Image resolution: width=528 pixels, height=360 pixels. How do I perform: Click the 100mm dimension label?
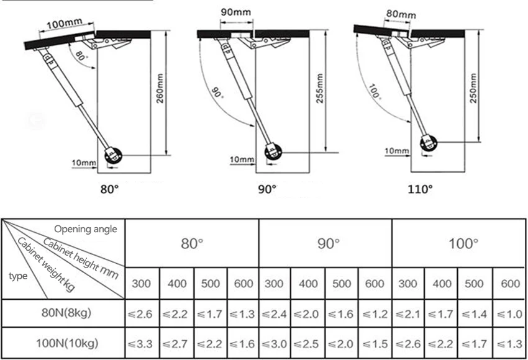tap(65, 24)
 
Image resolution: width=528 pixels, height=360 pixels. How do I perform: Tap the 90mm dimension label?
tap(235, 12)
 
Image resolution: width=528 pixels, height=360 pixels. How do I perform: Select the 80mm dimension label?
tap(401, 14)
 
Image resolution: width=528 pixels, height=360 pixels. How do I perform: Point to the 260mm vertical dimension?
tap(160, 88)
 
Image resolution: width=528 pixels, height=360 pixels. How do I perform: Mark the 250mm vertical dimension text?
tap(473, 88)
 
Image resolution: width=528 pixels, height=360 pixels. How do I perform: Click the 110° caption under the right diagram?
tap(420, 189)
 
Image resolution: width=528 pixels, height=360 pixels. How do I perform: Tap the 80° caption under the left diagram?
tap(109, 189)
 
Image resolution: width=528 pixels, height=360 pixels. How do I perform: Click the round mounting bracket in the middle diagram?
tap(273, 152)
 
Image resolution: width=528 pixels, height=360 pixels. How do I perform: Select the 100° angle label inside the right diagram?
tap(375, 92)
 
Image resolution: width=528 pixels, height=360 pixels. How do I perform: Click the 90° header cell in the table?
tap(328, 243)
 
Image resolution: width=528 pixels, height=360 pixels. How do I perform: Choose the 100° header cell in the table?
tap(463, 243)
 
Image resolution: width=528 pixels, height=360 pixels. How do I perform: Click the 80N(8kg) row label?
tap(66, 313)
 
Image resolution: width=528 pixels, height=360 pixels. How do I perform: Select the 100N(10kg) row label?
tap(67, 343)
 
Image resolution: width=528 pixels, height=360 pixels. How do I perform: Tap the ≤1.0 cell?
tap(509, 314)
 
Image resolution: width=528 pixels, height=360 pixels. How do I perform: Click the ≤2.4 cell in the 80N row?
tap(274, 314)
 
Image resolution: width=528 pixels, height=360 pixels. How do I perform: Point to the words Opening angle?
tap(86, 229)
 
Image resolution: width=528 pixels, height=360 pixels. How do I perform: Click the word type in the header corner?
tap(18, 276)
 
